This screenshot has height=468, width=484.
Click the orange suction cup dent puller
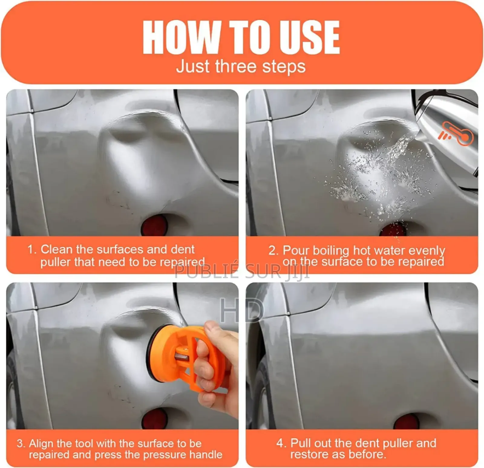(x=181, y=357)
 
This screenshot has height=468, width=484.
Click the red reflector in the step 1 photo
(x=154, y=225)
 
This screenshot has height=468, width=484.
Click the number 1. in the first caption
(x=32, y=250)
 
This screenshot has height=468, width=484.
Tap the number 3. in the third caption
(x=21, y=444)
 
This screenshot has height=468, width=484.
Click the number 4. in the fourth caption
(x=281, y=443)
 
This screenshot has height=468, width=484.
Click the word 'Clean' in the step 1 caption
(x=57, y=249)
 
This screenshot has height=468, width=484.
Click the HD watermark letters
(x=241, y=310)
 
